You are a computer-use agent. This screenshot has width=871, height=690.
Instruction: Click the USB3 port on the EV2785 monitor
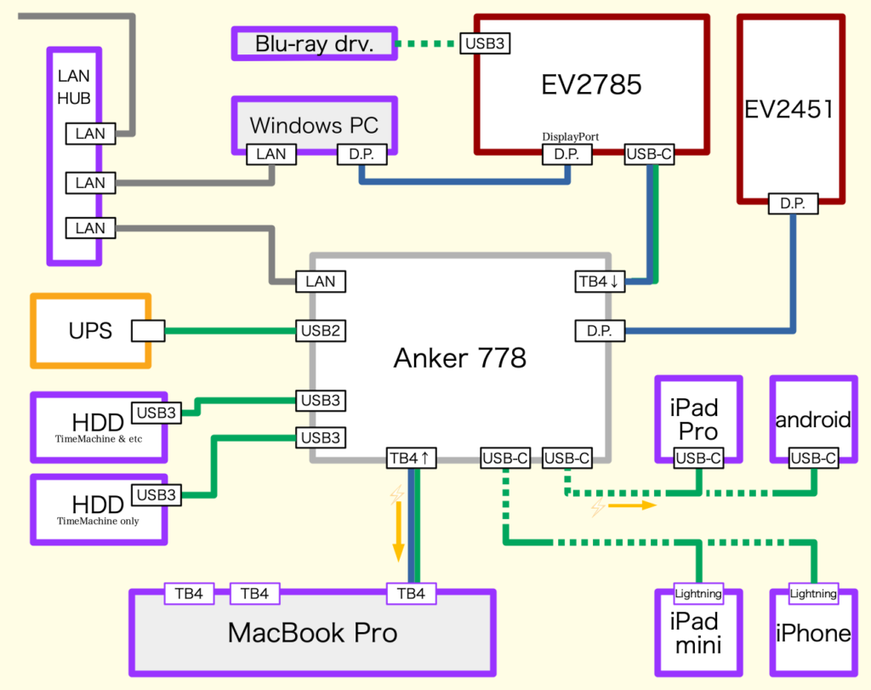485,43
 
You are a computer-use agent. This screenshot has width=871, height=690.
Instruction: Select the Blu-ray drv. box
315,43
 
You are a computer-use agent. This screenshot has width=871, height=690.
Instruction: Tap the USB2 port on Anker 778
321,331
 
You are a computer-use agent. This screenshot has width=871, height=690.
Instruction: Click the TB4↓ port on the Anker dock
601,282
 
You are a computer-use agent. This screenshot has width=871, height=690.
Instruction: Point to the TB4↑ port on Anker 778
412,458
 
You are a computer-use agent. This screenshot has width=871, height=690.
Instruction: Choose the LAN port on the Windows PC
271,155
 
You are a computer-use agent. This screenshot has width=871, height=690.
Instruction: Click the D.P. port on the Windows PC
362,155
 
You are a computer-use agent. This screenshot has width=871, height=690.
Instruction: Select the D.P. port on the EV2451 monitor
793,204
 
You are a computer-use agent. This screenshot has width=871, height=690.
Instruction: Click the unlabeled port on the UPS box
147,331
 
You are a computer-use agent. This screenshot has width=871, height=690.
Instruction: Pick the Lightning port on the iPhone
812,594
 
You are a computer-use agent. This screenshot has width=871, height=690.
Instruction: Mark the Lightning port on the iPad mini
697,594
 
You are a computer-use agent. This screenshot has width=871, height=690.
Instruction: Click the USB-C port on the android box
812,459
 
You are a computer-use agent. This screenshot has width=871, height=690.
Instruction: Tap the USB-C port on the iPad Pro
698,459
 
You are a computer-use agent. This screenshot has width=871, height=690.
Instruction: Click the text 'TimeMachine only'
99,521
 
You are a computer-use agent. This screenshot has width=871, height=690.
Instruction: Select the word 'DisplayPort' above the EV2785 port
571,136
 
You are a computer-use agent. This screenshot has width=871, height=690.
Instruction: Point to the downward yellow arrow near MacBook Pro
397,536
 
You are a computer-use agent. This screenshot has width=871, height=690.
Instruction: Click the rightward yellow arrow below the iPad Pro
635,505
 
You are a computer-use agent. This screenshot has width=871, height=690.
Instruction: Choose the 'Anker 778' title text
460,358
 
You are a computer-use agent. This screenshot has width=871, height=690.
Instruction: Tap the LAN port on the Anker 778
321,282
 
